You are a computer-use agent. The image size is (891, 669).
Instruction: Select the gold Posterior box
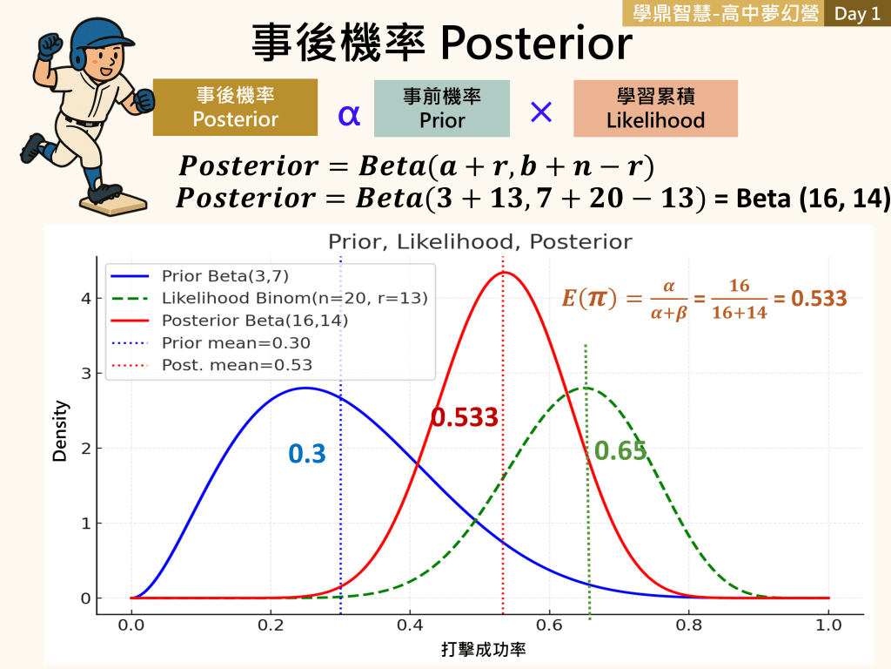(235, 107)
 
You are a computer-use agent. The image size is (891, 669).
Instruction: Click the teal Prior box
(441, 108)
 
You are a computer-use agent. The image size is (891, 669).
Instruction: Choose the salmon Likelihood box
(655, 108)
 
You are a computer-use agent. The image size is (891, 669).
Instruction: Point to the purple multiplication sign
(541, 112)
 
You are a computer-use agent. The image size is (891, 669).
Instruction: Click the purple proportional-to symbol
(349, 116)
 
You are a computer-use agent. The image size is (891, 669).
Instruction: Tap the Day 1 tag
(857, 13)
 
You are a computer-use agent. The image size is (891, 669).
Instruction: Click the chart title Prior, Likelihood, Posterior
(479, 242)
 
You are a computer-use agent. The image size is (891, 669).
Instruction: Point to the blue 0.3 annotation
(307, 454)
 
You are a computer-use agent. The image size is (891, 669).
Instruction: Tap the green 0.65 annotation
(620, 450)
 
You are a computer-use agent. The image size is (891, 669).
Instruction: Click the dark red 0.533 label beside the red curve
(465, 417)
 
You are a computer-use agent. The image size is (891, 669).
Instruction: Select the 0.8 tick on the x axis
(689, 625)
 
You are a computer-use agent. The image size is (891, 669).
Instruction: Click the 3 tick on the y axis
(86, 374)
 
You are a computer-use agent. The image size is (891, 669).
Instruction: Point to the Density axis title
(60, 430)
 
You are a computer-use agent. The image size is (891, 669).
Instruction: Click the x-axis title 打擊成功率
(484, 650)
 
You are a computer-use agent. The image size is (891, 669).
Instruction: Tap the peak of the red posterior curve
(504, 273)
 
